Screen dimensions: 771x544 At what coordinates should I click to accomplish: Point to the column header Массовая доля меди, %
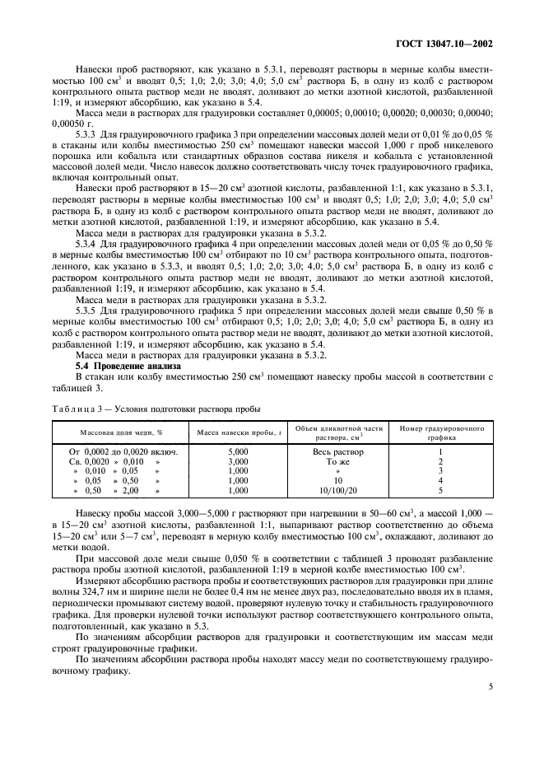120,431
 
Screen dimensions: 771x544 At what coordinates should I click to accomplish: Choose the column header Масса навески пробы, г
238,431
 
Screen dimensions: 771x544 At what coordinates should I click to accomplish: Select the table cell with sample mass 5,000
237,452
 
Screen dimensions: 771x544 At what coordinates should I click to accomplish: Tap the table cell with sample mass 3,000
237,461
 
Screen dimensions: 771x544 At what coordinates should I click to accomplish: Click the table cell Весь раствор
338,452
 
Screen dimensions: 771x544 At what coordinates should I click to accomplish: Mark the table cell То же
338,461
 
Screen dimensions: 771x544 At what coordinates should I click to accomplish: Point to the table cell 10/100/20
338,490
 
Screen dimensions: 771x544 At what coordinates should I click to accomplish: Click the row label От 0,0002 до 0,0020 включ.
120,452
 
